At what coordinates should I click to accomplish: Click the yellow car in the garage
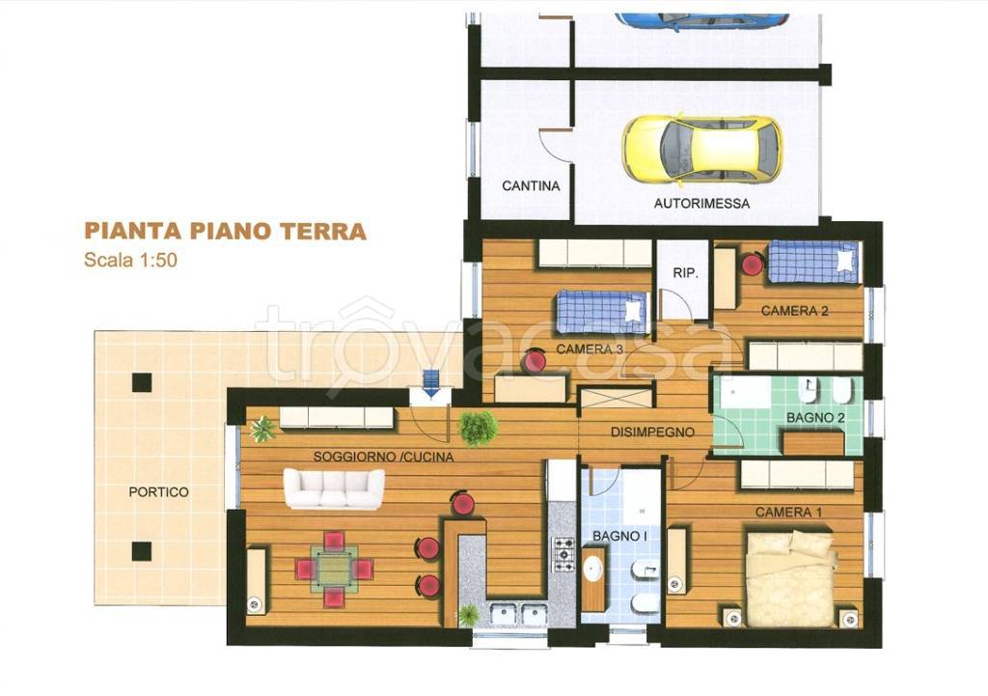[x=701, y=150]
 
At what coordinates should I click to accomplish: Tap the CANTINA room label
[x=531, y=186]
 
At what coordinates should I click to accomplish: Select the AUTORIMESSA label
[x=701, y=204]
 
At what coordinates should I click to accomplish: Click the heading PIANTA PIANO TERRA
[x=225, y=232]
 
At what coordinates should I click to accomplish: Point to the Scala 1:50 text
[x=130, y=260]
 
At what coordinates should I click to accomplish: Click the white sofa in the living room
[x=333, y=488]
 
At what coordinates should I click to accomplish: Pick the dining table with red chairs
[x=334, y=569]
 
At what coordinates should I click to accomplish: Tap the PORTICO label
[x=158, y=492]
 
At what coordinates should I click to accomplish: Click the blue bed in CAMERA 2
[x=812, y=262]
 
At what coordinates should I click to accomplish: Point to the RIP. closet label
[x=685, y=274]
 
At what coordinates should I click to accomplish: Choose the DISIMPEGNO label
[x=652, y=433]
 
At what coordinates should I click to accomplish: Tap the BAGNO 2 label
[x=815, y=418]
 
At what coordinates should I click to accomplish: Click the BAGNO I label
[x=618, y=536]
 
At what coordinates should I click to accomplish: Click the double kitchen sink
[x=518, y=613]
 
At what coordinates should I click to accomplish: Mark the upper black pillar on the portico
[x=142, y=382]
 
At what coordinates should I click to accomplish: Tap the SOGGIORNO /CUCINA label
[x=383, y=458]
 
